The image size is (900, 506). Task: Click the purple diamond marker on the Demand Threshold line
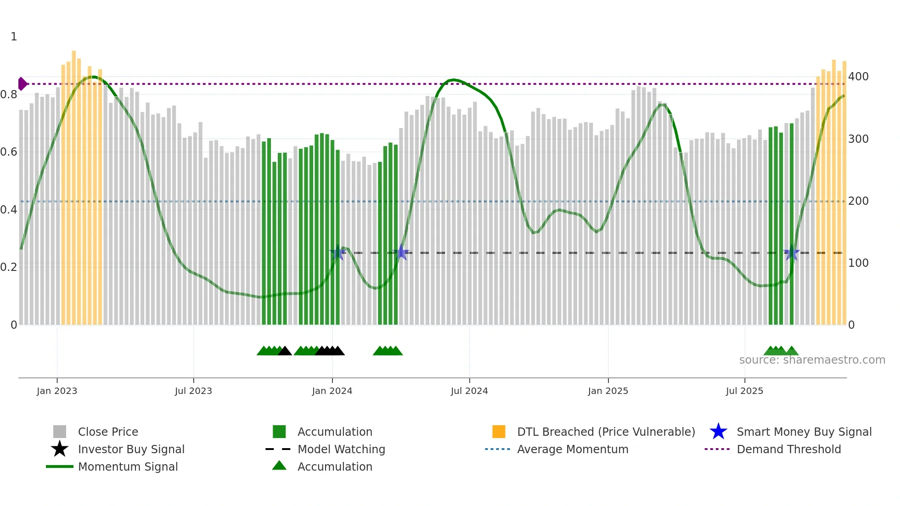pyautogui.click(x=22, y=84)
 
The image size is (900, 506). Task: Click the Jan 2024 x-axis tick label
pyautogui.click(x=332, y=391)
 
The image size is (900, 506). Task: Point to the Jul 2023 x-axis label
pyautogui.click(x=193, y=391)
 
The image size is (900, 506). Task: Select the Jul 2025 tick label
pyautogui.click(x=744, y=391)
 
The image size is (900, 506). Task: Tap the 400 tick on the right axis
pyautogui.click(x=858, y=77)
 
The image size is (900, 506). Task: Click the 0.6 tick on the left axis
pyautogui.click(x=9, y=152)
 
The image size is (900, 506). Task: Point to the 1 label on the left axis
pyautogui.click(x=14, y=37)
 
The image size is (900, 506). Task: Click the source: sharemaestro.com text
pyautogui.click(x=812, y=360)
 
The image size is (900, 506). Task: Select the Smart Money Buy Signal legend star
pyautogui.click(x=718, y=432)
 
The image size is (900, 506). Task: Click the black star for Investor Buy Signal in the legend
pyautogui.click(x=60, y=449)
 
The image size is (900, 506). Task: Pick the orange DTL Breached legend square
pyautogui.click(x=499, y=432)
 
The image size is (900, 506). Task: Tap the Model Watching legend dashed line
pyautogui.click(x=278, y=449)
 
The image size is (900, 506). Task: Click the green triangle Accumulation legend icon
pyautogui.click(x=279, y=466)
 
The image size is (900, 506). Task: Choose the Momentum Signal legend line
pyautogui.click(x=60, y=467)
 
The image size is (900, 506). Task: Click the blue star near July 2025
pyautogui.click(x=791, y=253)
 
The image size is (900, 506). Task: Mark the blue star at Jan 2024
pyautogui.click(x=337, y=252)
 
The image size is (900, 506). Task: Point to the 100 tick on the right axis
pyautogui.click(x=858, y=263)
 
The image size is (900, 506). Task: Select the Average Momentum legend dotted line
pyautogui.click(x=498, y=449)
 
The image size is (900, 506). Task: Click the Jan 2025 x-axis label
pyautogui.click(x=608, y=391)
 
